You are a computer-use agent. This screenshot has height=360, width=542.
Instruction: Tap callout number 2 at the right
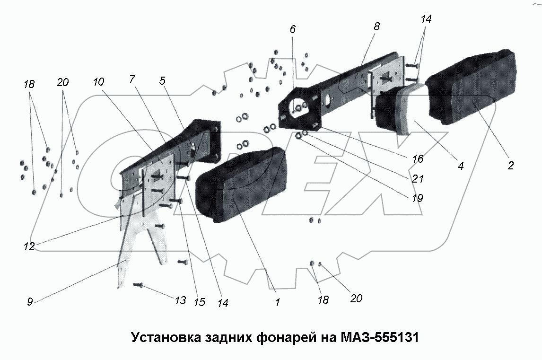510,166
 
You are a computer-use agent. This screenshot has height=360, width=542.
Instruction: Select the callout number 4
460,166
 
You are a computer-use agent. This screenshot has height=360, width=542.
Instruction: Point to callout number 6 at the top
292,29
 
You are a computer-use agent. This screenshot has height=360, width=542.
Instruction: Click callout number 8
376,27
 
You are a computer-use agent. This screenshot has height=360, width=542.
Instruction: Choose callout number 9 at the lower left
30,302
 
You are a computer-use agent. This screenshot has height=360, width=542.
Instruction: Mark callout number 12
29,246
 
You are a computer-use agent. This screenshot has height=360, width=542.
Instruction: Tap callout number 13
180,300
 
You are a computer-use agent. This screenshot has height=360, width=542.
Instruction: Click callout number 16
417,160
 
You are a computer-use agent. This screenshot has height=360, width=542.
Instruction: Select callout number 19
417,198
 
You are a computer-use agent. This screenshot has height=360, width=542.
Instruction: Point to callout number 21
418,179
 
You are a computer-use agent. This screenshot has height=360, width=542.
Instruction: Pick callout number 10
98,82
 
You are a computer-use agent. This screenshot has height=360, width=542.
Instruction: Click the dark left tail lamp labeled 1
239,184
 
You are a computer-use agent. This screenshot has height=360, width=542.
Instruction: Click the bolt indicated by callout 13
138,285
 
